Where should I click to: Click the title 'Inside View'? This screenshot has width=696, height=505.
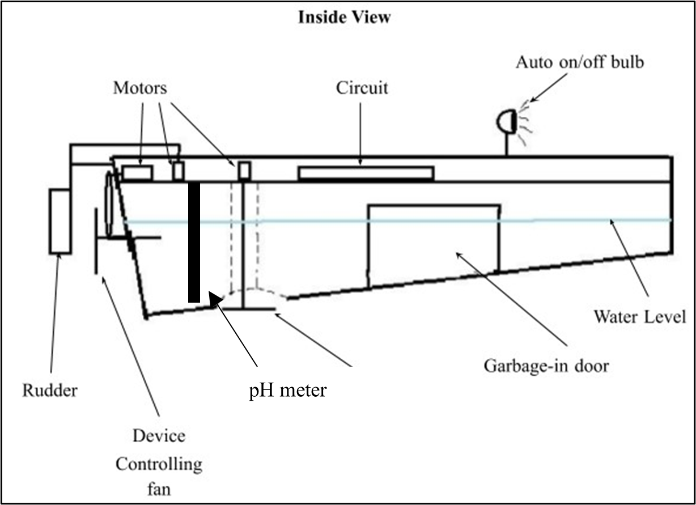coord(345,18)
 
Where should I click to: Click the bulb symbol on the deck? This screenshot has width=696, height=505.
coord(506,122)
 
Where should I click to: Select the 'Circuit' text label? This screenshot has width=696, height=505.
coord(362,88)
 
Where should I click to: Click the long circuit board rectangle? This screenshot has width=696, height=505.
coord(366,173)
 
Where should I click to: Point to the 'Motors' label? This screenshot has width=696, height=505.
coord(140,88)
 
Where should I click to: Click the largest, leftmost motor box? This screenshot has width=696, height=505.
coord(137,172)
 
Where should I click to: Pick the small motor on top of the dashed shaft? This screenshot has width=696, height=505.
coord(244,170)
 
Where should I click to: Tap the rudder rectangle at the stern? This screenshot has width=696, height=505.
coord(60,221)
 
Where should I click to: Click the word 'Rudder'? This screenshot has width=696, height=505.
coord(49,391)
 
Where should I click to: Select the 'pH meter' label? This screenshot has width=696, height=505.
coord(287,391)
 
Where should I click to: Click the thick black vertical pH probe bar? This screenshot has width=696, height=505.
coord(194,241)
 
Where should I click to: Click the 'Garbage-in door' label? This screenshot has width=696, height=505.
coord(546,366)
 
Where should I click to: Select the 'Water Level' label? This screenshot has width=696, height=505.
coord(640,316)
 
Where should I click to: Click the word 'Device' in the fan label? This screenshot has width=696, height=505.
coord(159,436)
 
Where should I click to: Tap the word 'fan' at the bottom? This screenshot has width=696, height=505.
coord(159,488)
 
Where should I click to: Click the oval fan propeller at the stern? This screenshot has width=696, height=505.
coord(110,204)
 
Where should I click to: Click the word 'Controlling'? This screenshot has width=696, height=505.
coord(159,464)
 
